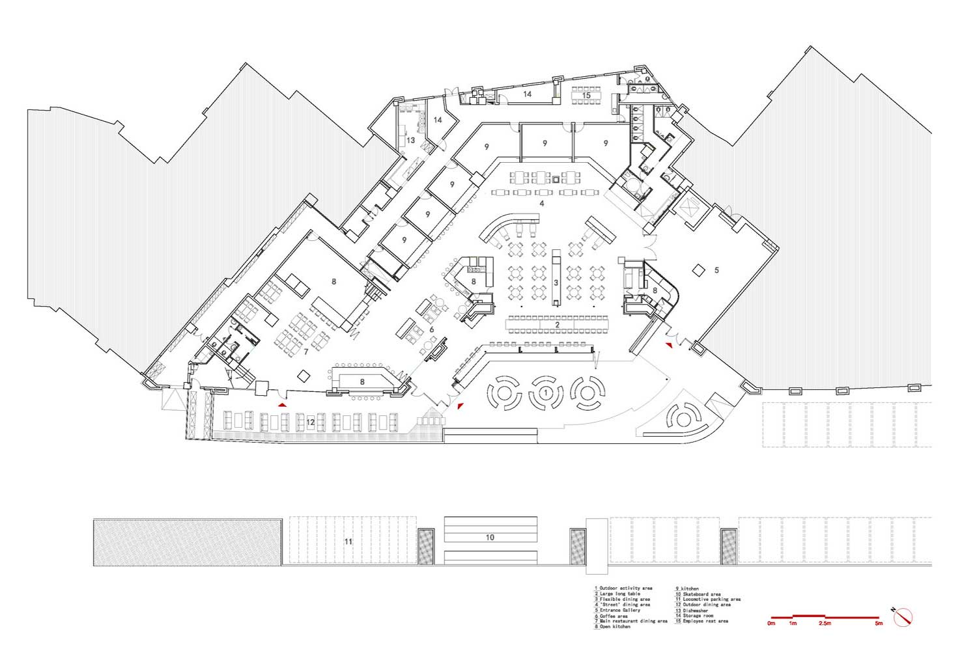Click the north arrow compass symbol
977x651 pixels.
[x=903, y=616]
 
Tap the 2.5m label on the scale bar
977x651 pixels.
[x=825, y=624]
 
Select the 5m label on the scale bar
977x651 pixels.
[x=879, y=624]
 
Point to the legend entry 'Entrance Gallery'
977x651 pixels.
[x=618, y=610]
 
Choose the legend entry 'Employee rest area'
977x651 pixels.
[x=704, y=621]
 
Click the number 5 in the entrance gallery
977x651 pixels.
[x=716, y=270]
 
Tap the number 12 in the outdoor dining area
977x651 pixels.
[x=311, y=422]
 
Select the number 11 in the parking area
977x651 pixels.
[x=348, y=541]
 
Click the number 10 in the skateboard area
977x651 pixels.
[x=490, y=538]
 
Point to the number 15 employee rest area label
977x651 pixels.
[x=586, y=96]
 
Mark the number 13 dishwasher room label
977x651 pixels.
[x=411, y=140]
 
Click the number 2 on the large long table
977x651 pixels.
[x=557, y=324]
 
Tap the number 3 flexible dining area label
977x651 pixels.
[x=556, y=283]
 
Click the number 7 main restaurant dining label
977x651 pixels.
[x=305, y=352]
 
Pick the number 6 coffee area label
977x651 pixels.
[x=431, y=329]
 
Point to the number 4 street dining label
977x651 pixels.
[x=541, y=204]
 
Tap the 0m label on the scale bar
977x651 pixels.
[x=771, y=624]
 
